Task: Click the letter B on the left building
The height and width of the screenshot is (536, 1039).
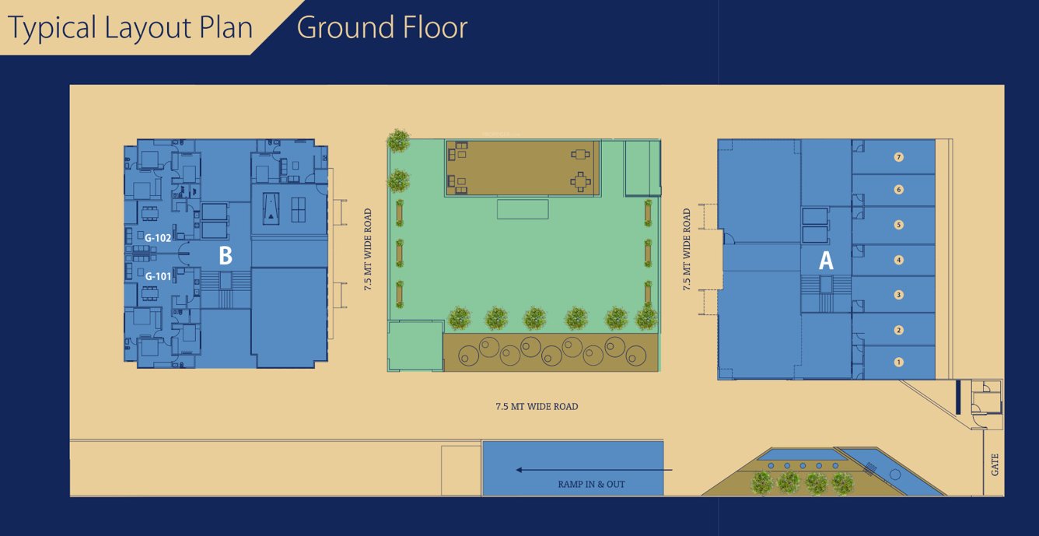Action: [225, 255]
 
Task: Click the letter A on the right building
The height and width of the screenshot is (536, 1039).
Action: [825, 261]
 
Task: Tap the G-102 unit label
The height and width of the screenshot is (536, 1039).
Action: [158, 238]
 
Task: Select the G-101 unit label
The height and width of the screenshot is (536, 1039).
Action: [158, 275]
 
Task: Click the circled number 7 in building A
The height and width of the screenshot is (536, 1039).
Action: [899, 157]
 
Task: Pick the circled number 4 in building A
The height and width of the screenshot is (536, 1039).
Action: [899, 260]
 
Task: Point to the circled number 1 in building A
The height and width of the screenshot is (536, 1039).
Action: [899, 362]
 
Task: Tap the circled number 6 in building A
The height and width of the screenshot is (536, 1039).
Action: [899, 190]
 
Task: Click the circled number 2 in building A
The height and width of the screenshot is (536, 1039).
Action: [899, 330]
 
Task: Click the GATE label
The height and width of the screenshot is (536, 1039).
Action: [995, 465]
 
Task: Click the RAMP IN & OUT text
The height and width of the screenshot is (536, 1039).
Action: [591, 484]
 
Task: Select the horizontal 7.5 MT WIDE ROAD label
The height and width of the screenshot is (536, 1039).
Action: [537, 407]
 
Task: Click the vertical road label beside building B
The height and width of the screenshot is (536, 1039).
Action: [368, 250]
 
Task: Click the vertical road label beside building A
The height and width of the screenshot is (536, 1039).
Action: [687, 250]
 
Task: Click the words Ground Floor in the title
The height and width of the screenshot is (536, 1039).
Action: [382, 28]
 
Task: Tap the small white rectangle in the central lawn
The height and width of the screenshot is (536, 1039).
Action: [523, 209]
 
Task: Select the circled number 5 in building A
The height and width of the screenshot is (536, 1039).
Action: [899, 225]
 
